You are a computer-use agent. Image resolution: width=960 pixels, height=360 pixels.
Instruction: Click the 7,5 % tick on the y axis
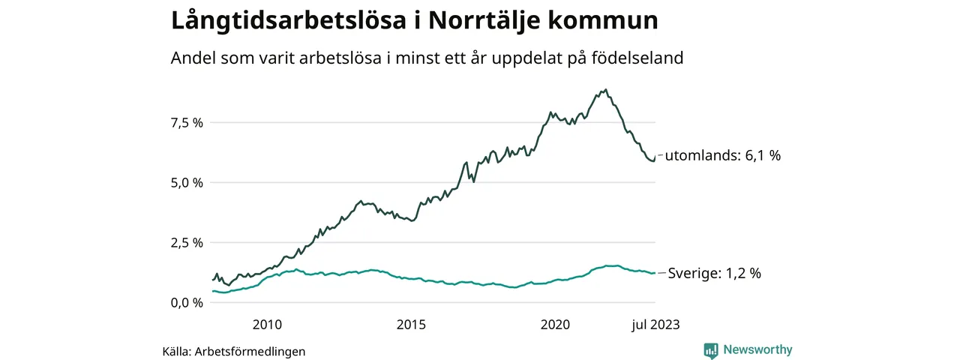(x=187, y=122)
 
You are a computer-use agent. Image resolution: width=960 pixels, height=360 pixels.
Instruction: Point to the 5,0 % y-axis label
(x=187, y=182)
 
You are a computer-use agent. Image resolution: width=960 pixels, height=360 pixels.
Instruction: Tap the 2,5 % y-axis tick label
(x=187, y=242)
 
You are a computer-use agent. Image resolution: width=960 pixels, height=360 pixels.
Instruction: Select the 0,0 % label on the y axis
(x=187, y=302)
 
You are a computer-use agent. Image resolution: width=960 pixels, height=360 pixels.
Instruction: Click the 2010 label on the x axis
(x=267, y=325)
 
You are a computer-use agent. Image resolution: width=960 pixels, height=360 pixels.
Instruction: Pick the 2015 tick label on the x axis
(x=411, y=325)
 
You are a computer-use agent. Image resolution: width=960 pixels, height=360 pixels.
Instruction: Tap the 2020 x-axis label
(x=556, y=325)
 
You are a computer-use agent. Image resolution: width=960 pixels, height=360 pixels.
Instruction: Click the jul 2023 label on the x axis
(x=654, y=325)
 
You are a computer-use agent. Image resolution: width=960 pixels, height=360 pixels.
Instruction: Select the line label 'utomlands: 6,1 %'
(x=723, y=156)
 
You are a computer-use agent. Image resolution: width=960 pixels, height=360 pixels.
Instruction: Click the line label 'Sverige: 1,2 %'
(x=714, y=274)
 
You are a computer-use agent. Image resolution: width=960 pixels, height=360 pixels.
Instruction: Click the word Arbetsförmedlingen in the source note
(x=250, y=351)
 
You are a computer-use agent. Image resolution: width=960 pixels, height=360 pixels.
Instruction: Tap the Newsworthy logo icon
(x=711, y=350)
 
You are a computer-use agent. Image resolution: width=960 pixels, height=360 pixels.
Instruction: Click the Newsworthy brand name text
(x=757, y=350)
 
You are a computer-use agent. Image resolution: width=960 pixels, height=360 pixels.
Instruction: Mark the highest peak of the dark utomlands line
(x=606, y=89)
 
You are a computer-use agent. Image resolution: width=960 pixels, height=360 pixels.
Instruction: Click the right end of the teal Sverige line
(x=655, y=273)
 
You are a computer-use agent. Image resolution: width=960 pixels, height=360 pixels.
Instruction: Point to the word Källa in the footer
(x=176, y=351)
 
